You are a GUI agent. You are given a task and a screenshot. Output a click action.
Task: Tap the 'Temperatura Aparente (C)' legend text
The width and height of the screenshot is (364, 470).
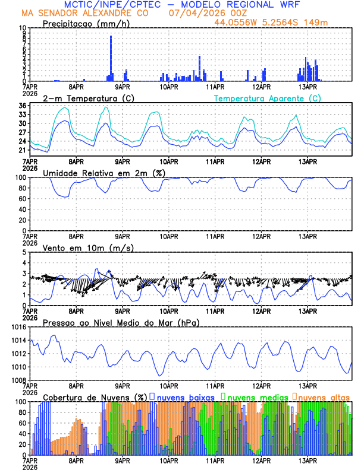pos(267,98)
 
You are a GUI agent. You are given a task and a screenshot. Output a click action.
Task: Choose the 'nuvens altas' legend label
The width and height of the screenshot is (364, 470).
pos(324,396)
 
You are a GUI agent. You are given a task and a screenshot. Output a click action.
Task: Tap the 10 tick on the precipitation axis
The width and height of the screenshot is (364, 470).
pos(22,28)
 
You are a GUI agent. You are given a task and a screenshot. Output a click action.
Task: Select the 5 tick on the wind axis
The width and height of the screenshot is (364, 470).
pos(24,252)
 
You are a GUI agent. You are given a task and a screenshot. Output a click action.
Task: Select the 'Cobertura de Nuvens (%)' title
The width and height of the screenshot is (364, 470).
pos(95,396)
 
